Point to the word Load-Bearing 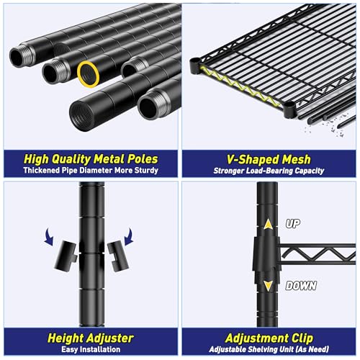point(269,171)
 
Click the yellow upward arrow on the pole point(268,225)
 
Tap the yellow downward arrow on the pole point(268,286)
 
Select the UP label point(293,224)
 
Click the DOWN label point(301,286)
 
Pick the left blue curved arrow point(49,237)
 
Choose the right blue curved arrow point(129,236)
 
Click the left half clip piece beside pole point(66,256)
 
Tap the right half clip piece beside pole point(118,256)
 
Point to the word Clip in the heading point(302,338)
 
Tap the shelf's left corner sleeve point(194,66)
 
